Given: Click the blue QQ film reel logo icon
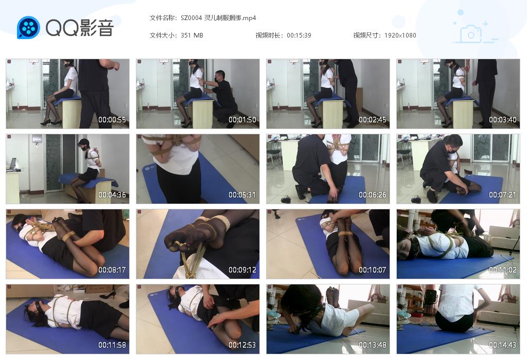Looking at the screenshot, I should click(x=28, y=28).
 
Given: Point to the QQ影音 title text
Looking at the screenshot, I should click(x=79, y=28).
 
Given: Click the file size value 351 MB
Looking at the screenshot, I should click(x=192, y=35).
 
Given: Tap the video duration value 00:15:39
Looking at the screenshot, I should click(x=299, y=35).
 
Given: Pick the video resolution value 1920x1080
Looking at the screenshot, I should click(x=400, y=35).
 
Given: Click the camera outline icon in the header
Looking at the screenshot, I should click(x=470, y=34).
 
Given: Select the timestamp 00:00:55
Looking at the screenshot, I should click(x=112, y=120).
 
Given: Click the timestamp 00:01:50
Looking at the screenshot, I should click(x=242, y=120).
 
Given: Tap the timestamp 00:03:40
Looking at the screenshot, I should click(x=503, y=120).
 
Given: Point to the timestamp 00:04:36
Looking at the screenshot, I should click(x=112, y=195).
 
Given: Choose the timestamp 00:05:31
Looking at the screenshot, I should click(x=242, y=195).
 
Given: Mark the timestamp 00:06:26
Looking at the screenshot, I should click(x=373, y=195).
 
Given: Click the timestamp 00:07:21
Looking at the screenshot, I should click(x=503, y=195).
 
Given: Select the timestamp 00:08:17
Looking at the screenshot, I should click(x=112, y=270).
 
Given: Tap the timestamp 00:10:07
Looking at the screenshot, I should click(x=373, y=270).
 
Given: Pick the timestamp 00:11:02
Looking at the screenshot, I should click(x=503, y=270).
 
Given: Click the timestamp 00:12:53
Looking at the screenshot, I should click(x=242, y=345).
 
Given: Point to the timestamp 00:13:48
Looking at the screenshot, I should click(x=373, y=345).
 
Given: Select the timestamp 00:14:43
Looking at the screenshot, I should click(x=503, y=345).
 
